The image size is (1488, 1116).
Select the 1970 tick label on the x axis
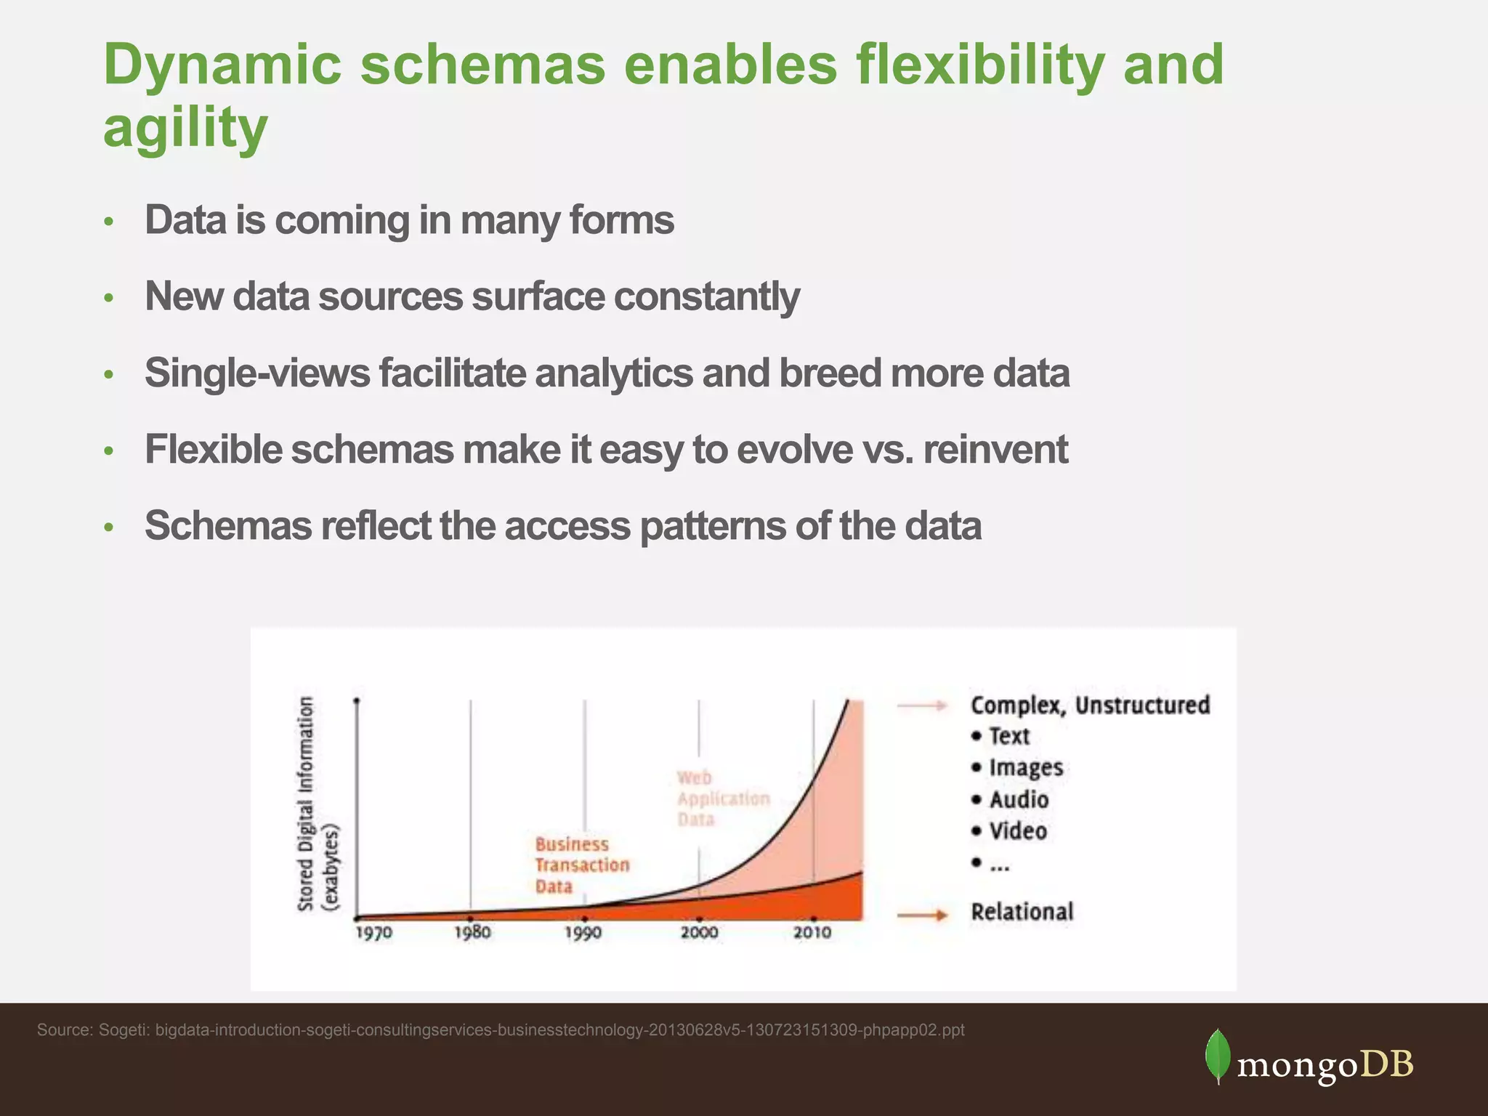pyautogui.click(x=373, y=932)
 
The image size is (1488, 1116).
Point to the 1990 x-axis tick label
pyautogui.click(x=583, y=932)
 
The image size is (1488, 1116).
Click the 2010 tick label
pyautogui.click(x=812, y=932)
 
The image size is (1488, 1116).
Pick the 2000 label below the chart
pyautogui.click(x=699, y=932)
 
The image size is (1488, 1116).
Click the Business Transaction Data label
pyautogui.click(x=581, y=865)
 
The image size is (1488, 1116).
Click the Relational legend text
pyautogui.click(x=1022, y=912)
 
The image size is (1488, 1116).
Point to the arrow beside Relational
pyautogui.click(x=922, y=915)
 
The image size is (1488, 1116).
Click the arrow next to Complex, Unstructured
pyautogui.click(x=922, y=705)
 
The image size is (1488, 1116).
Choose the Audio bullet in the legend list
pyautogui.click(x=1018, y=800)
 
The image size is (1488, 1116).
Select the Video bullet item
pyautogui.click(x=1017, y=831)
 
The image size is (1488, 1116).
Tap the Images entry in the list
pyautogui.click(x=1025, y=768)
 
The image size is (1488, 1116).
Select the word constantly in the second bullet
pyautogui.click(x=706, y=297)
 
